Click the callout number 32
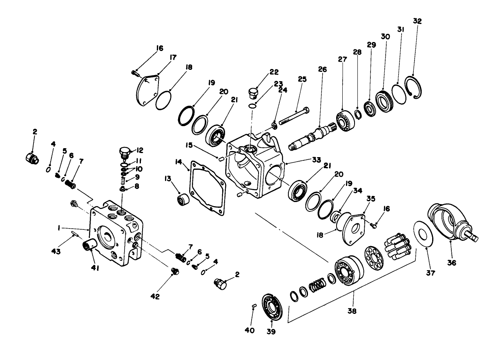417,21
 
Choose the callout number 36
451,263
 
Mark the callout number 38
352,311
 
